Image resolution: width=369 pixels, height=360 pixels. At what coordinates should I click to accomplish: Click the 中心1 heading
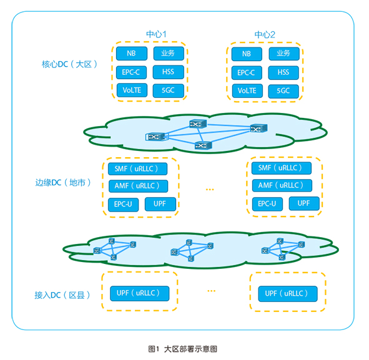coord(156,34)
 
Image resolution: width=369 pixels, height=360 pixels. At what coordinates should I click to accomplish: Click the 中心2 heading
coord(265,35)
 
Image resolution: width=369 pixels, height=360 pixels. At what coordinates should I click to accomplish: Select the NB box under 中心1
coord(132,54)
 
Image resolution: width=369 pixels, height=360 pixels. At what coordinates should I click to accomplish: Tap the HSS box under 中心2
coord(283,72)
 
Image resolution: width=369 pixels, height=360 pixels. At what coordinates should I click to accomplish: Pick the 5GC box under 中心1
coord(168,90)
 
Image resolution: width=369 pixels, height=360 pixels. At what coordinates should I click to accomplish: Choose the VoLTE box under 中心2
coord(247,90)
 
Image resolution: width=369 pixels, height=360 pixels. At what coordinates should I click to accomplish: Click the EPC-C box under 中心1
coord(131,72)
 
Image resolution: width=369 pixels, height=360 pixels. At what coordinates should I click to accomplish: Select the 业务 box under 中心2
coord(284,54)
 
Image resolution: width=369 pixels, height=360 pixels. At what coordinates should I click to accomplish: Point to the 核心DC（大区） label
coord(69,64)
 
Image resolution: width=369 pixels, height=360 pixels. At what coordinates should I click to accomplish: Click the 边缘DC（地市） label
coord(63,182)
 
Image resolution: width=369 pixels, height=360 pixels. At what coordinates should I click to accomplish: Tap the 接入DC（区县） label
coord(62,295)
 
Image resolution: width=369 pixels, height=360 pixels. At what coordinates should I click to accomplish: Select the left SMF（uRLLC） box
coord(137,168)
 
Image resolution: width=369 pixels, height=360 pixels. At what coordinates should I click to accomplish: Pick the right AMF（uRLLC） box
coord(282,185)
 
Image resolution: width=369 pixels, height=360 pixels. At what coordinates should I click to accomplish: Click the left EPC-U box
coord(123,205)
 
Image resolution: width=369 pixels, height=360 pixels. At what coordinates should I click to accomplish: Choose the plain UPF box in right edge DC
coord(304,203)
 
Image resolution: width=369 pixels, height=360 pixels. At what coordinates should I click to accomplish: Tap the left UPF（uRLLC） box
coord(140,293)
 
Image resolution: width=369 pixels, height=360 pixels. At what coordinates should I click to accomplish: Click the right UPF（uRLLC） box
coord(288,294)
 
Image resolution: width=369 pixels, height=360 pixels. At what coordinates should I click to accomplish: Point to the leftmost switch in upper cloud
coord(155,137)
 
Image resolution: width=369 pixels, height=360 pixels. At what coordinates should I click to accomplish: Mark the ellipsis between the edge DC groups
coord(210,189)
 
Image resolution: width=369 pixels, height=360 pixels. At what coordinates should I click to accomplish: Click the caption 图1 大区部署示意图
coord(182,349)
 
